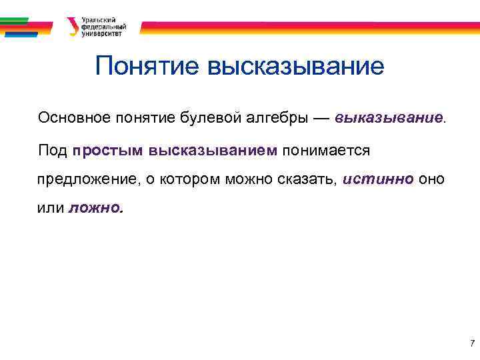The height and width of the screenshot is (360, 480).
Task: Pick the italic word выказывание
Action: click(x=389, y=118)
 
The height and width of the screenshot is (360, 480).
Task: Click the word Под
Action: click(x=53, y=150)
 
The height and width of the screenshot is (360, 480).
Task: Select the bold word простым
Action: click(x=109, y=150)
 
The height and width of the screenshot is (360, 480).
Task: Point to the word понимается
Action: click(x=325, y=150)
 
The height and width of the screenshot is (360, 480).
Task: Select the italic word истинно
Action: click(x=379, y=180)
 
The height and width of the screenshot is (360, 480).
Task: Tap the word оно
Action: click(x=431, y=180)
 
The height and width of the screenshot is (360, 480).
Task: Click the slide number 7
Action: click(x=472, y=344)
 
